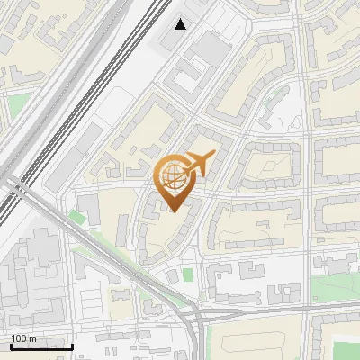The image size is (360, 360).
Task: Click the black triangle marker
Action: coord(181,24)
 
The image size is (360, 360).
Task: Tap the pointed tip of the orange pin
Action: coord(174,211)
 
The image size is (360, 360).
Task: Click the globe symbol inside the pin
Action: coord(174,177)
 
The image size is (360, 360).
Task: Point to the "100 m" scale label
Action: coord(22,338)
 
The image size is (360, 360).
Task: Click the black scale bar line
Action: coord(41,346)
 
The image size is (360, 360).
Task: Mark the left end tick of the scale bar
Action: coord(11,345)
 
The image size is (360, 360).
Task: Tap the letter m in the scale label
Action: coord(32,338)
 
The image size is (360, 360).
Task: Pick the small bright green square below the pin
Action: coord(187,274)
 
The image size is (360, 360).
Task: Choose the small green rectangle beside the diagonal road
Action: coord(75,217)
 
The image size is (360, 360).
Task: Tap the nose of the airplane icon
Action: coord(213,156)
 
